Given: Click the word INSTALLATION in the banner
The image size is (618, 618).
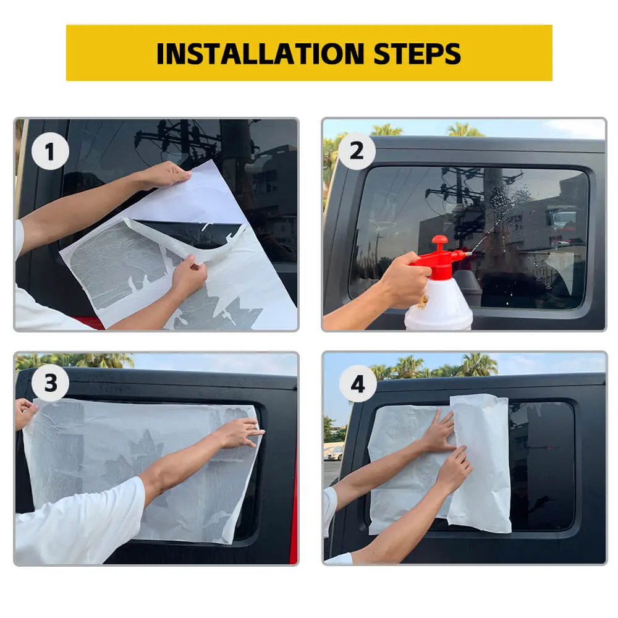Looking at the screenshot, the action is pyautogui.click(x=260, y=54).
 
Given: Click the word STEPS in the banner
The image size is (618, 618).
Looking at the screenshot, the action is pyautogui.click(x=417, y=54).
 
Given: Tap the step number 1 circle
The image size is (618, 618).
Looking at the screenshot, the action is pyautogui.click(x=50, y=151).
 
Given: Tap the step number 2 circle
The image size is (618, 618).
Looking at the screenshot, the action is pyautogui.click(x=357, y=151).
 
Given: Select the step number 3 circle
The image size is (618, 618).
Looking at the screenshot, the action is pyautogui.click(x=50, y=383).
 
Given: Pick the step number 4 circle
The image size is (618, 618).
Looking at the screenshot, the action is pyautogui.click(x=358, y=384).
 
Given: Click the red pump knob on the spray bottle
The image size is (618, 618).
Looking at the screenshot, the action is pyautogui.click(x=440, y=240).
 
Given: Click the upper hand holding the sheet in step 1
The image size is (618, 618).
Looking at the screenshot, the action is pyautogui.click(x=166, y=175).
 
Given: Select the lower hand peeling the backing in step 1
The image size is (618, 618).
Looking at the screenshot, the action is pyautogui.click(x=188, y=275).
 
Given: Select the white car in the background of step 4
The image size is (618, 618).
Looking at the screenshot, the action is pyautogui.click(x=334, y=452).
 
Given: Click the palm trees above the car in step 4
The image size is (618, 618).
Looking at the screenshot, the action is pyautogui.click(x=434, y=365).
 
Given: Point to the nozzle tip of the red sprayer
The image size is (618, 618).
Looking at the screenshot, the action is pyautogui.click(x=470, y=254).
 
